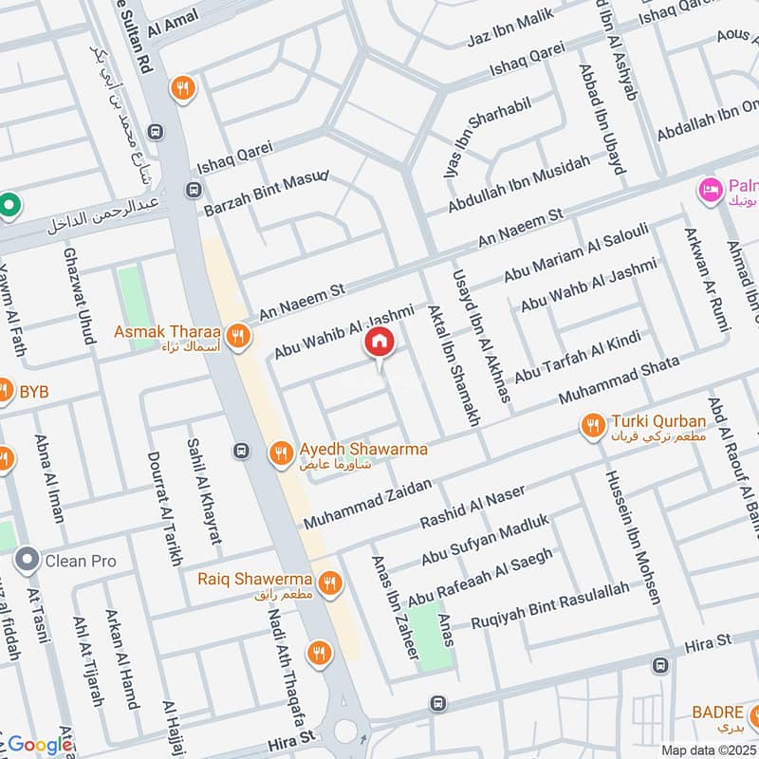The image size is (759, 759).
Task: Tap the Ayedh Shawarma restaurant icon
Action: tap(280, 454)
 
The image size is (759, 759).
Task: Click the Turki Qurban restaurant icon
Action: tap(594, 426)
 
